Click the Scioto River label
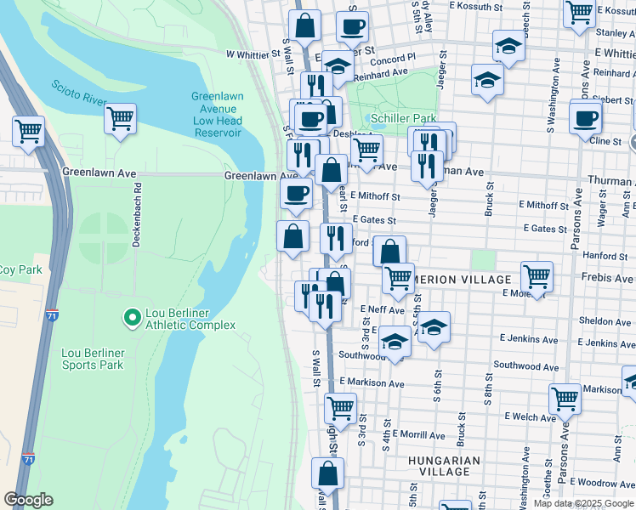79,93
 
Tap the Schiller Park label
403,117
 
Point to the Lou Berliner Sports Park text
93,359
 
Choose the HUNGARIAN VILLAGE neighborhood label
444,466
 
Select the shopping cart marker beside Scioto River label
120,117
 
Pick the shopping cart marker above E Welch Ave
565,398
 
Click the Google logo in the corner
28,500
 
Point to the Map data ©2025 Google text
583,503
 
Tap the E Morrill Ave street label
418,434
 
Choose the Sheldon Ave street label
605,321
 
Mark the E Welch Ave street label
530,416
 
